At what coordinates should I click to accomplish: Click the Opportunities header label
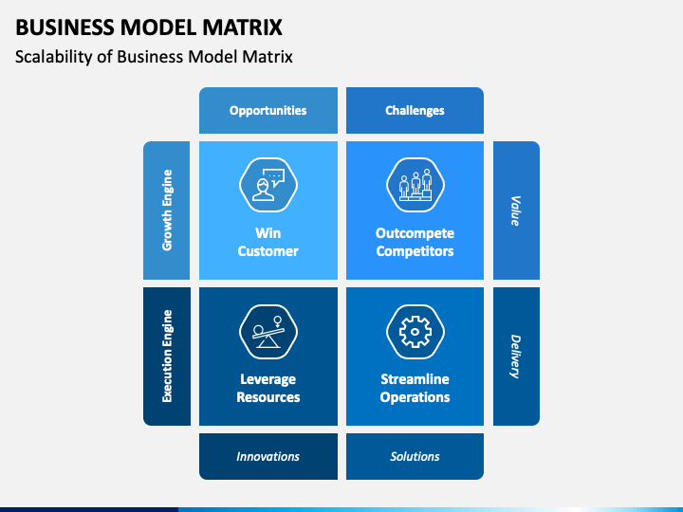pyautogui.click(x=268, y=111)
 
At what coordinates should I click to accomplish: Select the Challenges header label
pyautogui.click(x=415, y=111)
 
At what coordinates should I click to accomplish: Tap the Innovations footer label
pyautogui.click(x=268, y=456)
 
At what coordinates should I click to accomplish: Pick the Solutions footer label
pyautogui.click(x=415, y=456)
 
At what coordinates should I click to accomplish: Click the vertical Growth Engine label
pyautogui.click(x=167, y=210)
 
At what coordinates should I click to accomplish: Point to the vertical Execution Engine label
pyautogui.click(x=167, y=357)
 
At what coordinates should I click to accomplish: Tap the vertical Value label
pyautogui.click(x=516, y=210)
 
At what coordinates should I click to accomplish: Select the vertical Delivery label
pyautogui.click(x=516, y=357)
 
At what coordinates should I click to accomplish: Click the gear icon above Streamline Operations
pyautogui.click(x=415, y=332)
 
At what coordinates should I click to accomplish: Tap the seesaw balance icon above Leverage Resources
pyautogui.click(x=268, y=332)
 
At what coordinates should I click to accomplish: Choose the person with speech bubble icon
pyautogui.click(x=268, y=185)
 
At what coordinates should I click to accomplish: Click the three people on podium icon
pyautogui.click(x=415, y=185)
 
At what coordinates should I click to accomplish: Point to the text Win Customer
pyautogui.click(x=268, y=242)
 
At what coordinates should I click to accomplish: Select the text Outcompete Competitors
pyautogui.click(x=415, y=242)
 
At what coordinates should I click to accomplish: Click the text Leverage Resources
pyautogui.click(x=268, y=388)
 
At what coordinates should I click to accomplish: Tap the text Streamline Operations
pyautogui.click(x=415, y=388)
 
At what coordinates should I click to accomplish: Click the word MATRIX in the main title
pyautogui.click(x=242, y=27)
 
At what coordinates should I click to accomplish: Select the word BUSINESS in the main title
pyautogui.click(x=65, y=27)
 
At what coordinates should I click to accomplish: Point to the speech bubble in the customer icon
pyautogui.click(x=274, y=177)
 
